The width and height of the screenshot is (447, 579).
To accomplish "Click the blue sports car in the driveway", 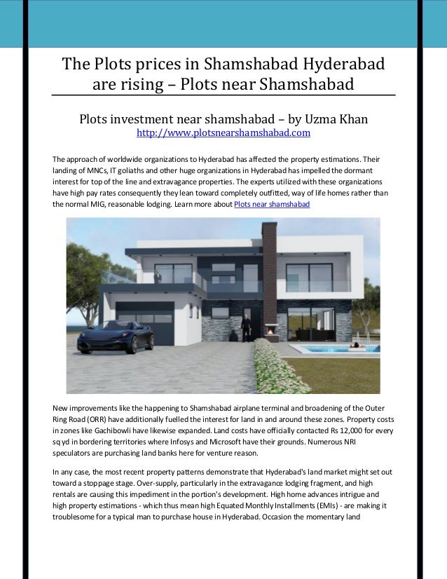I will (x=116, y=338).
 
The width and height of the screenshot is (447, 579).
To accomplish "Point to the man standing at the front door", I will (x=246, y=329).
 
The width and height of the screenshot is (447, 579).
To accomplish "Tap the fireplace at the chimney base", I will (x=268, y=329).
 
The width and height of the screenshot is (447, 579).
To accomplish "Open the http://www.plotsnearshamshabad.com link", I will (x=223, y=132).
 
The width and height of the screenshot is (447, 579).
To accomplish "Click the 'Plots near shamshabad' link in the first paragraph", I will (x=271, y=204).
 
